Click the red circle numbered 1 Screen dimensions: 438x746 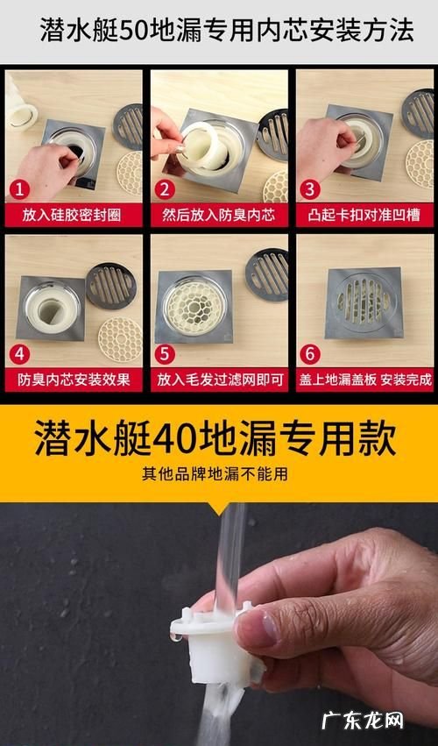tap(19, 190)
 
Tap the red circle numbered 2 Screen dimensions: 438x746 tap(165, 190)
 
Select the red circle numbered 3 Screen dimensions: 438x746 tap(310, 190)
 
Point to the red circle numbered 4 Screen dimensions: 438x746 tap(19, 354)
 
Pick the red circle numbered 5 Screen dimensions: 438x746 tap(165, 354)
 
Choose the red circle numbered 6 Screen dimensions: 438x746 tap(310, 354)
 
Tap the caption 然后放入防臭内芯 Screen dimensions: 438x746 tap(219, 216)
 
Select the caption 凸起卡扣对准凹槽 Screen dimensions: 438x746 tap(364, 216)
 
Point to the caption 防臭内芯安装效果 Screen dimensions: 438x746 tap(74, 380)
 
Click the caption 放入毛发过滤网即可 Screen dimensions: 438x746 tap(220, 380)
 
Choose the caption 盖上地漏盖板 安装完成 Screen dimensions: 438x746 tap(365, 380)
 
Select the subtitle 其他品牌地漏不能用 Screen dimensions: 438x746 tap(215, 474)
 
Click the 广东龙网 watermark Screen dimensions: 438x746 tap(363, 721)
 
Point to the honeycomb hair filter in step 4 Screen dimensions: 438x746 tap(120, 340)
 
